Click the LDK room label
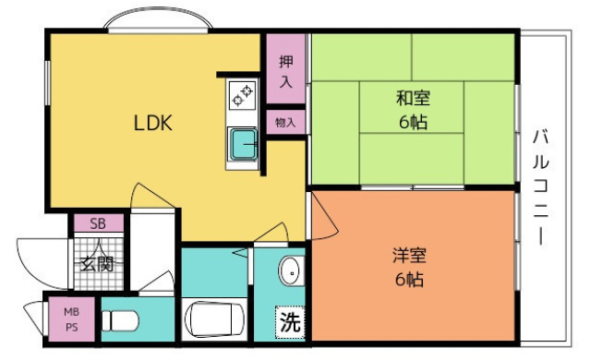coord(153,124)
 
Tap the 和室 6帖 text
coord(413,109)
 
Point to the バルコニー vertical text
coord(541,188)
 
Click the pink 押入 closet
coord(285,70)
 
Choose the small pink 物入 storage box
coord(285,122)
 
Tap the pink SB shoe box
coord(97,223)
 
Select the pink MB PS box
coord(71,318)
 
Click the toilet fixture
coord(120,321)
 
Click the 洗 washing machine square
coord(290,324)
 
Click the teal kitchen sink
coord(244,144)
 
